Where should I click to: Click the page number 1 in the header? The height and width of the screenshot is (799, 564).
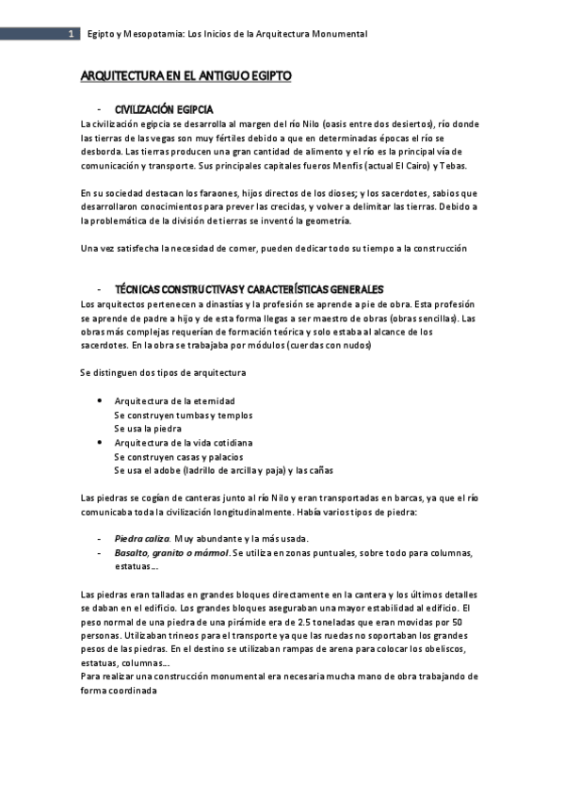(x=71, y=34)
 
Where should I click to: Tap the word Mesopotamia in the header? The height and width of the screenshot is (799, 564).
(x=153, y=34)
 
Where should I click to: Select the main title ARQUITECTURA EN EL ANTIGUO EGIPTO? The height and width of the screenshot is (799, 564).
(x=186, y=75)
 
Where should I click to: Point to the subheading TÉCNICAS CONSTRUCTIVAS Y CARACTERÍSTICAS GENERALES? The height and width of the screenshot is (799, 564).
(x=249, y=288)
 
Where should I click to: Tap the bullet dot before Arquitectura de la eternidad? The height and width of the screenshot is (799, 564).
(x=100, y=400)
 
